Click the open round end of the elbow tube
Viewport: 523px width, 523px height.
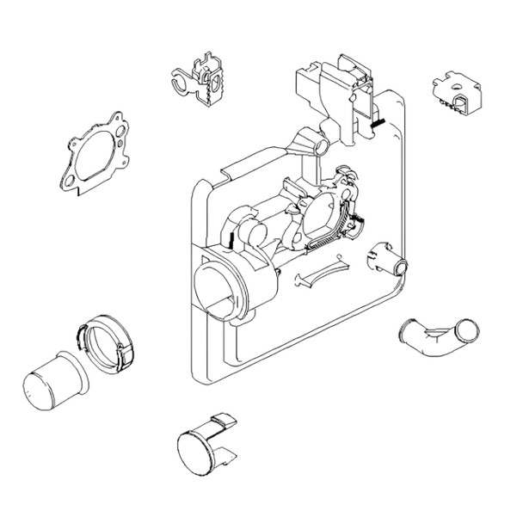(x=468, y=328)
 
